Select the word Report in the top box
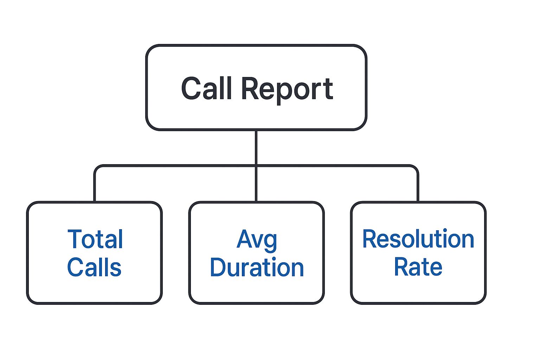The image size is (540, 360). (287, 89)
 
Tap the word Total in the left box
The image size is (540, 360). (95, 239)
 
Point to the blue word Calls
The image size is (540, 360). (94, 267)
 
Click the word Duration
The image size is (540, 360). (257, 267)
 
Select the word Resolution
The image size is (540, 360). (418, 239)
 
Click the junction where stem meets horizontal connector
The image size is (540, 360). (256, 165)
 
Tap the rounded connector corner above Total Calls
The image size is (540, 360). (97, 168)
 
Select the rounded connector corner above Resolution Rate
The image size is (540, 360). (416, 168)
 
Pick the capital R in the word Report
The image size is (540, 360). (250, 88)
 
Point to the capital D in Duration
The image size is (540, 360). (219, 267)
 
